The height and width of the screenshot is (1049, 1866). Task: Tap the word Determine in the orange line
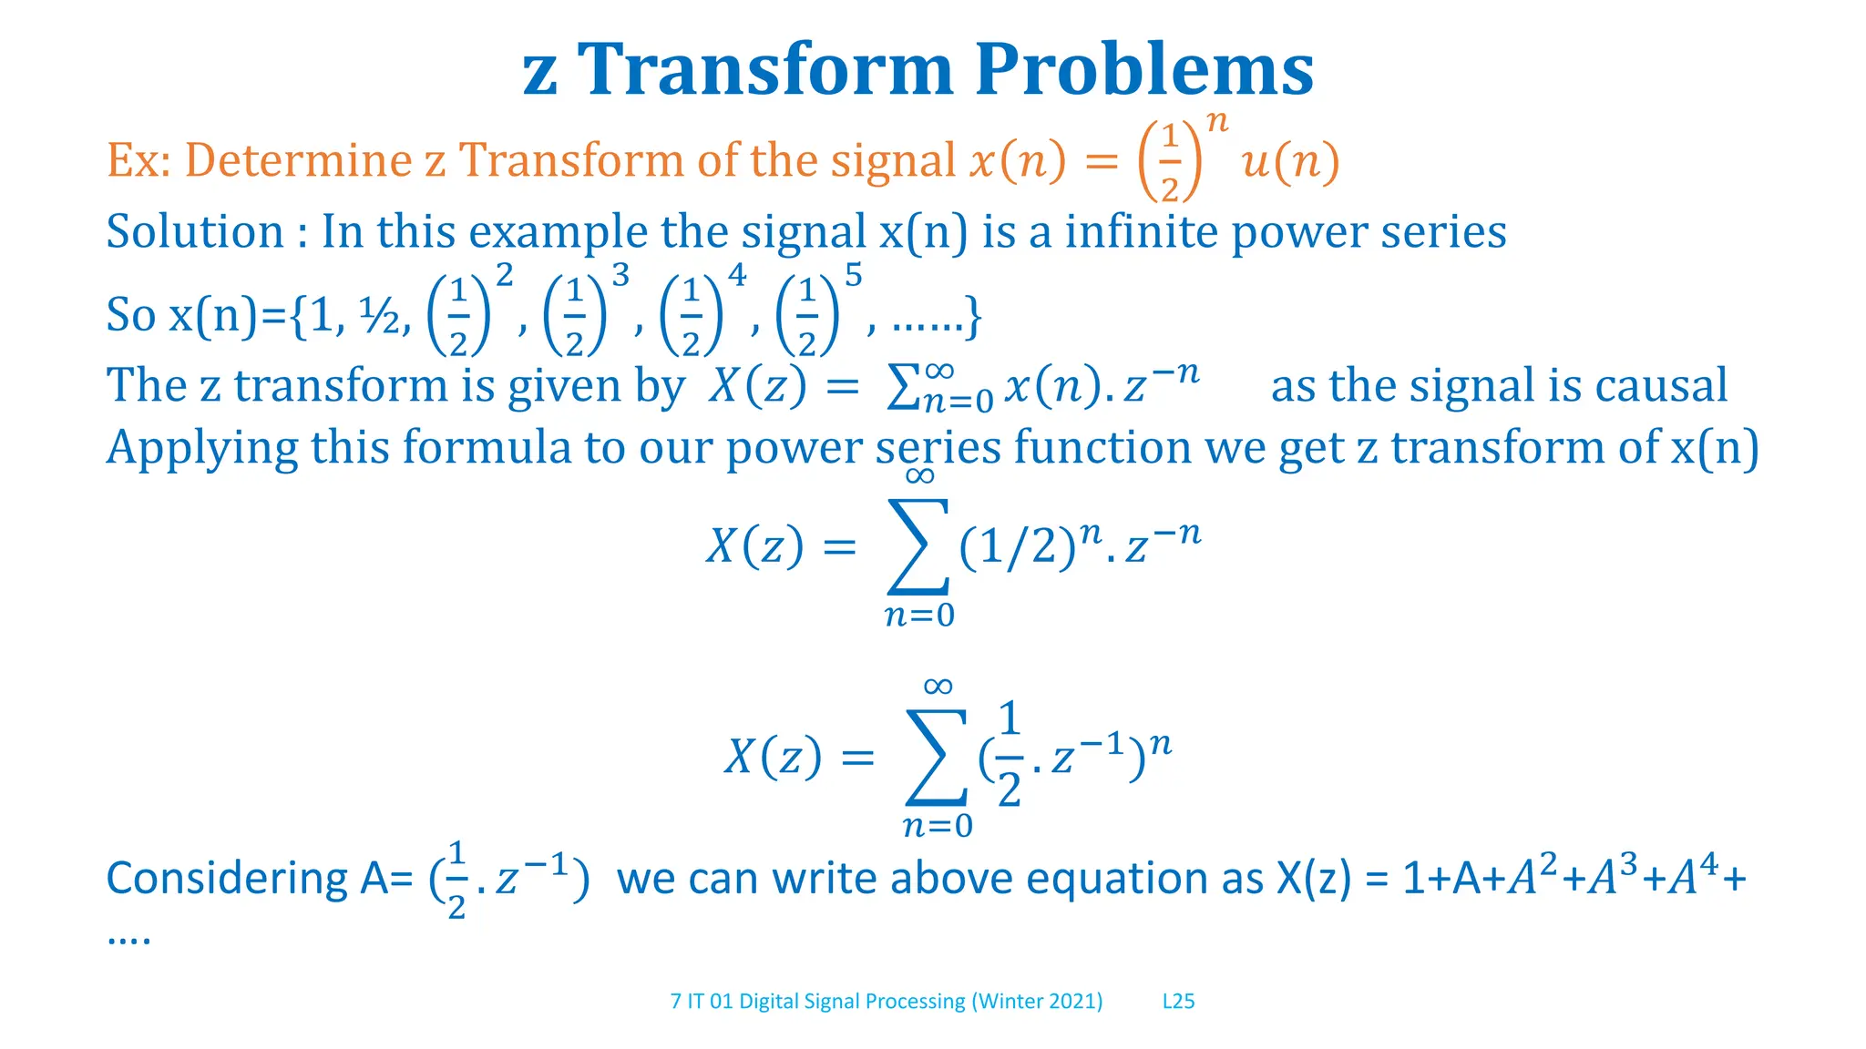[298, 160]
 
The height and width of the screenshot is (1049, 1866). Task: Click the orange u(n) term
[1290, 162]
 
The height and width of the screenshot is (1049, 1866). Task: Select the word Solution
[195, 231]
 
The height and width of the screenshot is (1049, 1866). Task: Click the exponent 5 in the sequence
[853, 275]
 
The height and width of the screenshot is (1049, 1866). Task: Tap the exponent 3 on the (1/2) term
[620, 275]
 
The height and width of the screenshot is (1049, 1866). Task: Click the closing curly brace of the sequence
[973, 316]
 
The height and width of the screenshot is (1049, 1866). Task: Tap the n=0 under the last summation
[938, 826]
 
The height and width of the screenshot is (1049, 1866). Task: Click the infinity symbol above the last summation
[938, 687]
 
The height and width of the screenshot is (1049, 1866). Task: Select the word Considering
[227, 880]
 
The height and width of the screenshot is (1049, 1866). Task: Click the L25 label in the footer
[1178, 1002]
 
